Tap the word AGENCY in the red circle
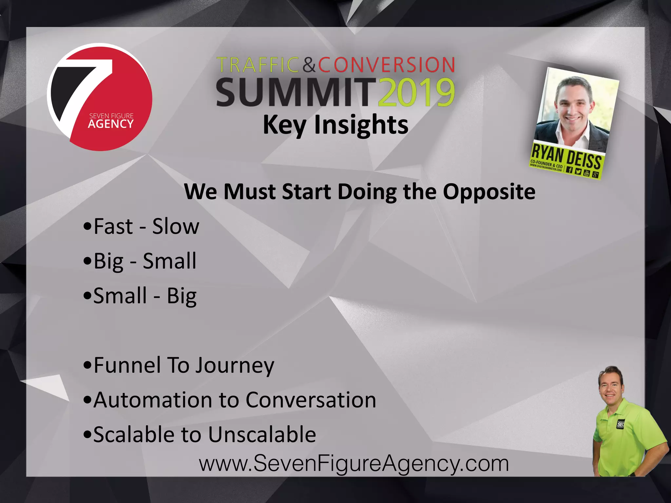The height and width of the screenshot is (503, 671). (111, 124)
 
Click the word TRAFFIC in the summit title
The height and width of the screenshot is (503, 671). (258, 65)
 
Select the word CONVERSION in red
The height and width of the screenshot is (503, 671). (387, 65)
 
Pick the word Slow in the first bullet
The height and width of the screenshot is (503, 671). (176, 226)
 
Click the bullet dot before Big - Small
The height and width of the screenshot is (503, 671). (87, 261)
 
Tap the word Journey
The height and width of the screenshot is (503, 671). (235, 365)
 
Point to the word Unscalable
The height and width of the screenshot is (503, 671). (262, 435)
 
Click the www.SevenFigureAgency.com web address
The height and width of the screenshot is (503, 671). (354, 464)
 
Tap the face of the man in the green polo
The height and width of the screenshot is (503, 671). (610, 390)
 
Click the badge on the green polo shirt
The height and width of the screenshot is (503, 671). (620, 424)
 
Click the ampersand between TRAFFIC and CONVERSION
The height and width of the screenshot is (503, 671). (309, 65)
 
